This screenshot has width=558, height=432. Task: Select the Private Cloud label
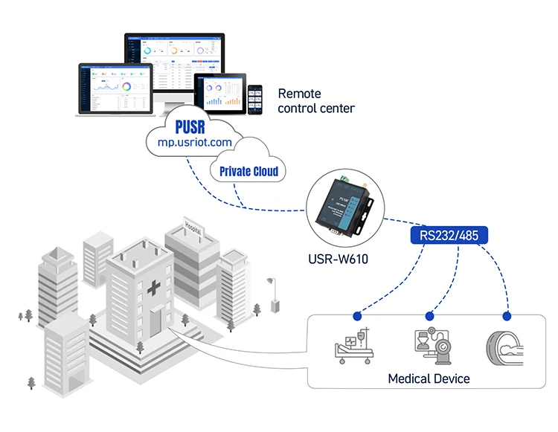click(x=248, y=172)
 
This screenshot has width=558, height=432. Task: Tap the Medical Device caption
click(x=429, y=378)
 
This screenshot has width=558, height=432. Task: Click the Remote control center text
click(x=316, y=101)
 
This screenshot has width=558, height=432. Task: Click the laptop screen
click(x=115, y=88)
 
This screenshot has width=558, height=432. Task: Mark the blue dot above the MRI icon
click(x=509, y=316)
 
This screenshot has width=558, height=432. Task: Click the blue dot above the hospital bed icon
click(x=358, y=316)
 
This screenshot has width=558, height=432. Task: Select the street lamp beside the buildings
click(x=273, y=296)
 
